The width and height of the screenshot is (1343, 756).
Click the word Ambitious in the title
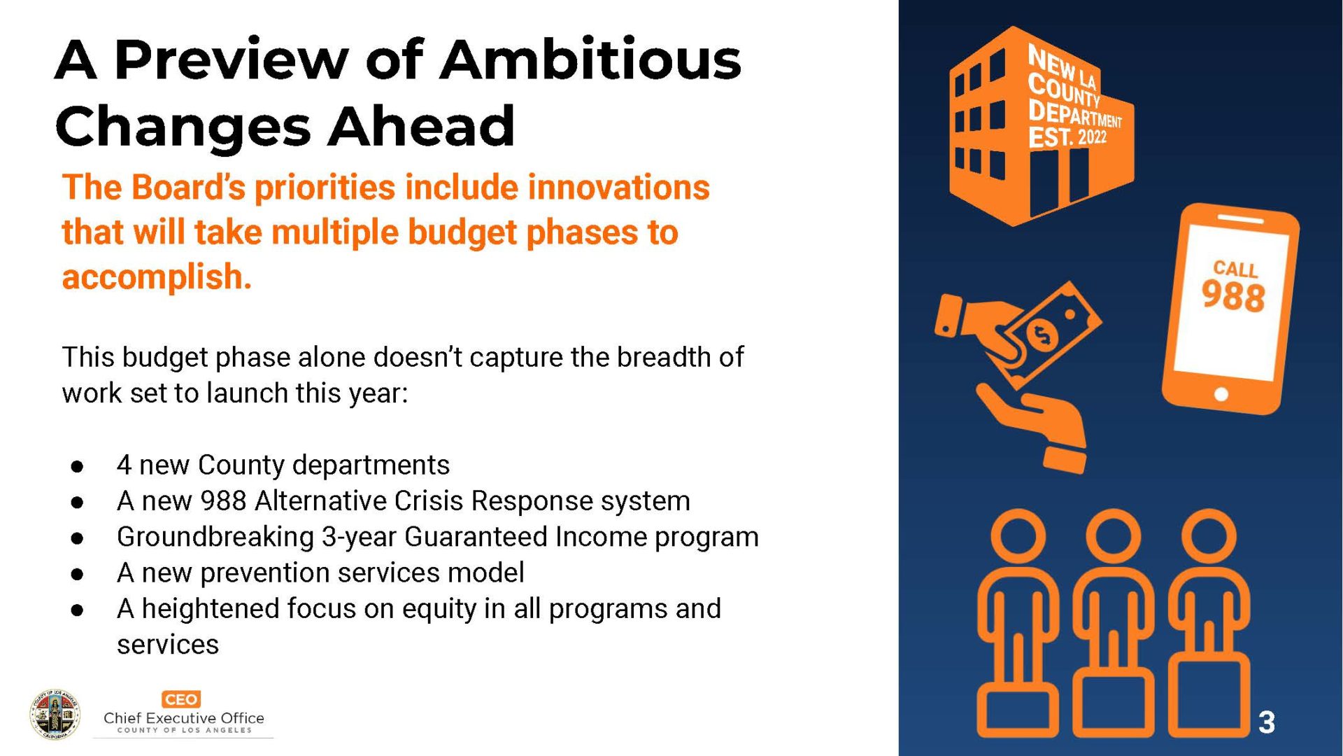pyautogui.click(x=590, y=59)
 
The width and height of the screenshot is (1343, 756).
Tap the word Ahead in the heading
pyautogui.click(x=421, y=126)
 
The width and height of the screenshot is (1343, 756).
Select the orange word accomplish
pyautogui.click(x=157, y=276)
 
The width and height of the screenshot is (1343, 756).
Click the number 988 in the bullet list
pyautogui.click(x=223, y=501)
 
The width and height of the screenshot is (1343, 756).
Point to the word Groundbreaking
pyautogui.click(x=215, y=537)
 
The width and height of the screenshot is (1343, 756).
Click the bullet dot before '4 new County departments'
pyautogui.click(x=78, y=466)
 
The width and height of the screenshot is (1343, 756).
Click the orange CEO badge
pyautogui.click(x=181, y=699)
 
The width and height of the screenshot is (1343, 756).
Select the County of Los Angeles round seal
pyautogui.click(x=55, y=714)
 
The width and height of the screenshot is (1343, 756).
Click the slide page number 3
pyautogui.click(x=1267, y=722)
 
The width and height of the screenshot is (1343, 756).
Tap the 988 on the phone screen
pyautogui.click(x=1233, y=295)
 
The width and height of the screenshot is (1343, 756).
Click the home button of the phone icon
pyautogui.click(x=1221, y=394)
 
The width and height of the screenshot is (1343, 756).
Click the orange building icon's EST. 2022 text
pyautogui.click(x=1067, y=136)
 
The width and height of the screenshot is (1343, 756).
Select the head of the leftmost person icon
pyautogui.click(x=1018, y=536)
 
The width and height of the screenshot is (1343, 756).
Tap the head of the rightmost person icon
pyautogui.click(x=1209, y=536)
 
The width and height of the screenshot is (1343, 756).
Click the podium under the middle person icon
pyautogui.click(x=1114, y=702)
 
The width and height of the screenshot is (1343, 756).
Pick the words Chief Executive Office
pyautogui.click(x=184, y=718)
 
